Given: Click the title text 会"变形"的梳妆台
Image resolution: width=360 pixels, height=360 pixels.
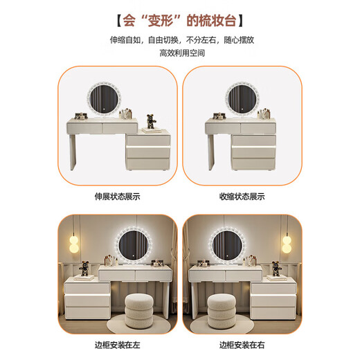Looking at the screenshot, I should click(180, 16).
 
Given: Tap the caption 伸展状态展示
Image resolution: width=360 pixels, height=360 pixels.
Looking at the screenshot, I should click(117, 196).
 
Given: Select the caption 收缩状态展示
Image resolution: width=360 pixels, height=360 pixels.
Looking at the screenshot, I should click(242, 196).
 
